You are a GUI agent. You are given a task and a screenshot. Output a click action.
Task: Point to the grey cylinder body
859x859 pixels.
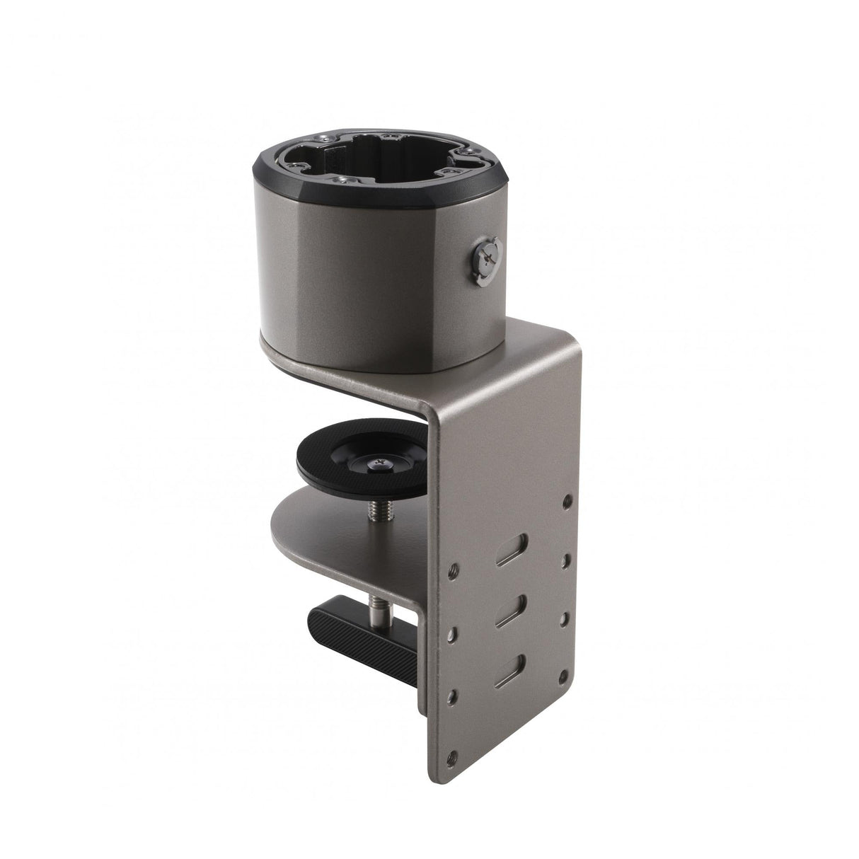(x=368, y=283)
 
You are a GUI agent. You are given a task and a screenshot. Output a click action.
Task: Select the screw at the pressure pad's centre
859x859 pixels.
(x=378, y=463)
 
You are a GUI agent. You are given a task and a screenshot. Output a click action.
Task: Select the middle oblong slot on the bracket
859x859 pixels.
(x=510, y=609)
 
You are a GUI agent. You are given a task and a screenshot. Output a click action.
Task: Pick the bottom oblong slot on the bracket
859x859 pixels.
(x=510, y=668)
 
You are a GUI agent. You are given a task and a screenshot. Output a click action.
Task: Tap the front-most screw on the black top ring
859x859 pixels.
(x=340, y=179)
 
